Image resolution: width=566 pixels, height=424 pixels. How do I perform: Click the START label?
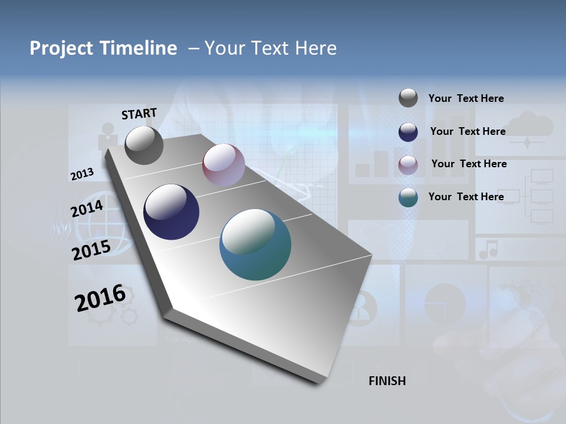139,114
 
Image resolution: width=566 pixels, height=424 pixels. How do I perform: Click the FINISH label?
387,381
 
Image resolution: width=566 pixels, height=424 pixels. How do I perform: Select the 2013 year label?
82,174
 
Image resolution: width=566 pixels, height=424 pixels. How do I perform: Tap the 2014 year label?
87,208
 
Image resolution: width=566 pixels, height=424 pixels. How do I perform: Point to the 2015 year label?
91,250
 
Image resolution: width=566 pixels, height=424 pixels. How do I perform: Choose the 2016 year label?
100,298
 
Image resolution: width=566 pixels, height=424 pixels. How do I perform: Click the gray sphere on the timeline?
144,145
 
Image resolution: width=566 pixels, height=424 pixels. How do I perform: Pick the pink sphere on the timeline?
223,165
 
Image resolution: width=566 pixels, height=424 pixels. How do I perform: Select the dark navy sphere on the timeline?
171,212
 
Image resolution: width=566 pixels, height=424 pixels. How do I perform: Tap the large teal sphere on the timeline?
255,244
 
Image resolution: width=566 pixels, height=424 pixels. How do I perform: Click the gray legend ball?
408,98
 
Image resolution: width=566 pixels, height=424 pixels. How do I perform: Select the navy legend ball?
408,132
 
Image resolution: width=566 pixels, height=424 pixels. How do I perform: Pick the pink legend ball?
408,165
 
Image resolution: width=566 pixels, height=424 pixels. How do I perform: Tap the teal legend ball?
408,197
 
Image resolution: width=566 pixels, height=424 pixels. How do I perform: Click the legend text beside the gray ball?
466,98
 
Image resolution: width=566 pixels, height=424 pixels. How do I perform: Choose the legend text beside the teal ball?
466,197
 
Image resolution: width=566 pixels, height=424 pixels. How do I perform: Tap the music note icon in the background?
488,249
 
